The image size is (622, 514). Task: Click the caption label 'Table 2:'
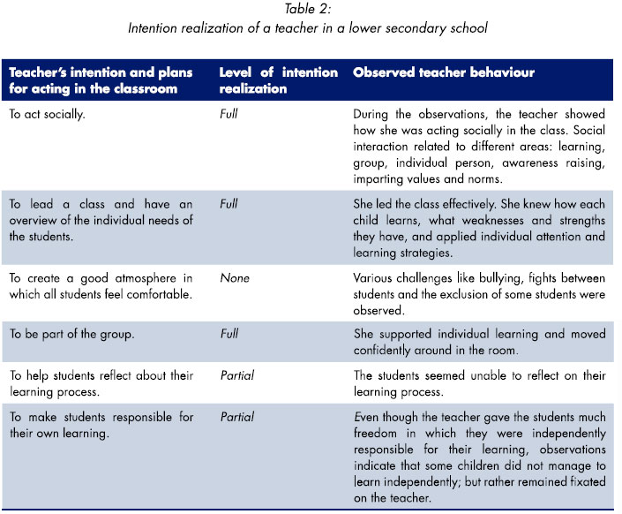coord(311,10)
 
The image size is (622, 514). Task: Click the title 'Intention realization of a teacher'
coord(311,27)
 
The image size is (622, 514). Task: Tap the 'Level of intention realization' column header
coord(278,80)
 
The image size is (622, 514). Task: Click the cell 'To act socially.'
coord(50,115)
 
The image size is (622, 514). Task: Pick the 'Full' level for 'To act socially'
coord(229,115)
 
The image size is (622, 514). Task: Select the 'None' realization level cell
coord(234,278)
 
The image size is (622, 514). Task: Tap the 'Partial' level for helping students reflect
coord(236,375)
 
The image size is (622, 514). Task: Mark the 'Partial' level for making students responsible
coord(236,417)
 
